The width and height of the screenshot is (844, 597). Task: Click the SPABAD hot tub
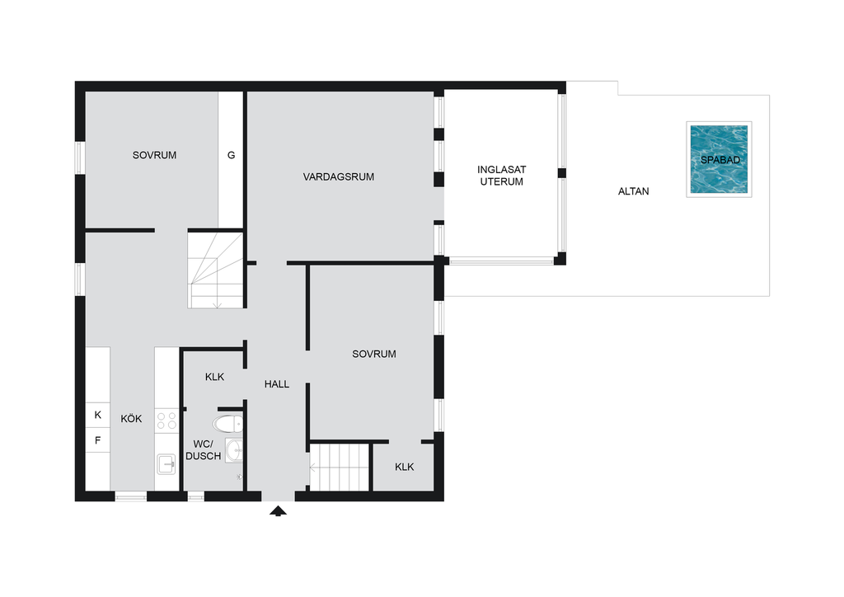tap(719, 159)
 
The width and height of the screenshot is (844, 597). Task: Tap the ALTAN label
tap(634, 191)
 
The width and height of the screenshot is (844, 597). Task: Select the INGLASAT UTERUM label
tap(502, 176)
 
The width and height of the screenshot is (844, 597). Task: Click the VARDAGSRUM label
tap(339, 176)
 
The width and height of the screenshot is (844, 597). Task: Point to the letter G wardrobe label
tap(232, 155)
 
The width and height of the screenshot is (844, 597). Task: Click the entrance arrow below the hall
tap(278, 511)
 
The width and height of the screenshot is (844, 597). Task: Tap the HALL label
tap(277, 383)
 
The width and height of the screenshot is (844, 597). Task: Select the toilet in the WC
tap(227, 424)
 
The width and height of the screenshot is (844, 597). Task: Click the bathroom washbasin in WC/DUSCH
tap(234, 450)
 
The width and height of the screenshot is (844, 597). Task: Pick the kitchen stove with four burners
tap(166, 421)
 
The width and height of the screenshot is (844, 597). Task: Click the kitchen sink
tap(166, 463)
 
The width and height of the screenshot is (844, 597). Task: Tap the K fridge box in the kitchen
tap(98, 415)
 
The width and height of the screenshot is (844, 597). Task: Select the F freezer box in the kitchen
tap(98, 440)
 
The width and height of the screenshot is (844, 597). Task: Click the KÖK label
tap(131, 418)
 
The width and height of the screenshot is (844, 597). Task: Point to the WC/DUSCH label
tap(204, 450)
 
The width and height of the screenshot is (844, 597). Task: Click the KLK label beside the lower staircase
tap(404, 467)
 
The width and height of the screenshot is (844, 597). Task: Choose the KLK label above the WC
tap(215, 377)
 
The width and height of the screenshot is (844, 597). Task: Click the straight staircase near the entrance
tap(340, 468)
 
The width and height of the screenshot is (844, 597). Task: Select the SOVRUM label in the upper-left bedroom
tap(154, 155)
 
